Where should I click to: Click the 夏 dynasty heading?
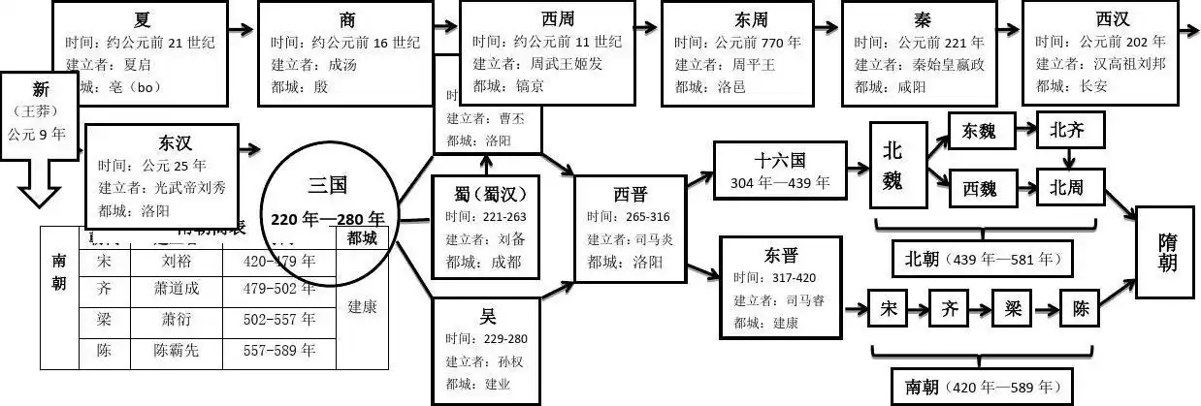pyautogui.click(x=143, y=19)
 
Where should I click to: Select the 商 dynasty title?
pyautogui.click(x=347, y=19)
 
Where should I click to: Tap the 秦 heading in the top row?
pyautogui.click(x=922, y=19)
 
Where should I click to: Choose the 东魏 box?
pyautogui.click(x=979, y=132)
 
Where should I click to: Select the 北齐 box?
pyautogui.click(x=1068, y=132)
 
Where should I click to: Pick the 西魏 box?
pyautogui.click(x=979, y=188)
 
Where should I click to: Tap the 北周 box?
pyautogui.click(x=1068, y=188)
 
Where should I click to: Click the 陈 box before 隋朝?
pyautogui.click(x=1081, y=310)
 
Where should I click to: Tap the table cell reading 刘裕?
pyautogui.click(x=175, y=261)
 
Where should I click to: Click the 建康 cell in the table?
pyautogui.click(x=362, y=306)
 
